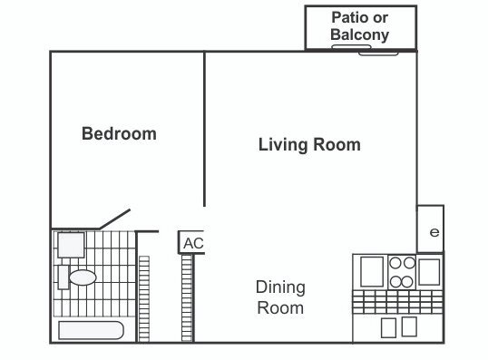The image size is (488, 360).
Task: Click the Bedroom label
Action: (x=119, y=133)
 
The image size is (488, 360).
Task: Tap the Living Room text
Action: (x=309, y=145)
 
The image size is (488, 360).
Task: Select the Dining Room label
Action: (x=280, y=297)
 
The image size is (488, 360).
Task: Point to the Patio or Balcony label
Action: (x=360, y=25)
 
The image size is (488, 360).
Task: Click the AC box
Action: (x=191, y=242)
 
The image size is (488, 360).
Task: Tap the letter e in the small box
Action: (x=434, y=232)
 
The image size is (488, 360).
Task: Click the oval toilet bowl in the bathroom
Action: (x=83, y=277)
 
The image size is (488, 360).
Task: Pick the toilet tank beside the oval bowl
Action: (x=63, y=277)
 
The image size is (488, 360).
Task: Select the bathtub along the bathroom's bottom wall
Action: (x=92, y=330)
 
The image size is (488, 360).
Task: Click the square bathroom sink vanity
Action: (x=71, y=245)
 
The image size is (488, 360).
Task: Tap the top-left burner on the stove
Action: (x=395, y=263)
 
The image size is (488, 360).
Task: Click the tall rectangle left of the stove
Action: (x=372, y=272)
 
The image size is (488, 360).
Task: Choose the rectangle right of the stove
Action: (x=429, y=272)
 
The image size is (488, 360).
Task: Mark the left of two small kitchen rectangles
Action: (x=388, y=327)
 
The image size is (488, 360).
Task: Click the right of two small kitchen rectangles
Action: (x=409, y=326)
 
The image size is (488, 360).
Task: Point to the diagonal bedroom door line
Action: (x=114, y=219)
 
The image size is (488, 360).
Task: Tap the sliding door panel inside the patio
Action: (x=351, y=47)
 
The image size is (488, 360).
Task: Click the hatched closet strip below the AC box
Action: (x=187, y=298)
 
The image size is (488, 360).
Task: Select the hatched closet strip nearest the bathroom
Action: (x=144, y=298)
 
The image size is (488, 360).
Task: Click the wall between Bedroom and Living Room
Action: (x=204, y=129)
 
